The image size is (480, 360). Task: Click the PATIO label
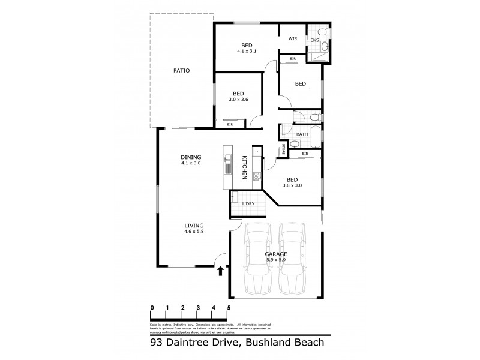click(181, 71)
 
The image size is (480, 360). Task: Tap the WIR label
click(293, 38)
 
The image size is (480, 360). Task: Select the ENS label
click(314, 40)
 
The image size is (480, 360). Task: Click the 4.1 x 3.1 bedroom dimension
click(246, 52)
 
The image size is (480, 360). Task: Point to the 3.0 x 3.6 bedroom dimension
click(238, 100)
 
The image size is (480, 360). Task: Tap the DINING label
click(190, 157)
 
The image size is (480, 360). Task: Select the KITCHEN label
click(244, 167)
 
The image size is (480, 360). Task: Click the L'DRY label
click(248, 205)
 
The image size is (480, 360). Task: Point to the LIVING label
click(193, 225)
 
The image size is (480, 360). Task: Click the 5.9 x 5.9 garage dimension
click(276, 260)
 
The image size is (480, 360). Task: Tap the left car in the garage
click(259, 257)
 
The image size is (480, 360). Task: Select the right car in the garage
click(293, 257)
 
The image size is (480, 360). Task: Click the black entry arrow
click(220, 271)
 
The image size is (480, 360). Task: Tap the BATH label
click(302, 134)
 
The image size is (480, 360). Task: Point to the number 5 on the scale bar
click(229, 307)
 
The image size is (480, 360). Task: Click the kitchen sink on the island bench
click(228, 160)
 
